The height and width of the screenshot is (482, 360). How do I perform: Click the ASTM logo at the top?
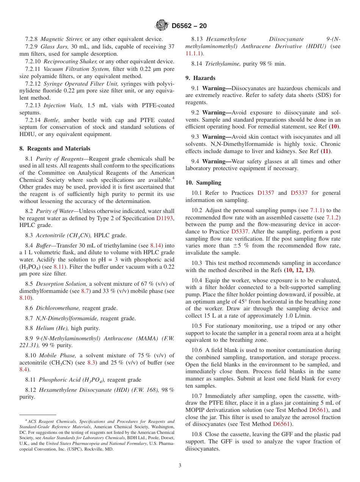click(x=162, y=26)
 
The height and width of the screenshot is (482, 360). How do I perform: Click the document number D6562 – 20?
click(x=189, y=26)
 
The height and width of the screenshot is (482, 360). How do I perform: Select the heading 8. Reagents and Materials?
click(x=55, y=149)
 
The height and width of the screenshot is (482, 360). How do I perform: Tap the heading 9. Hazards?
click(x=200, y=78)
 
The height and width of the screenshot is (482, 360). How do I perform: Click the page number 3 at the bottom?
click(x=180, y=465)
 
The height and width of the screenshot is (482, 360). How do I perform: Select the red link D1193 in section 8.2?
click(x=165, y=218)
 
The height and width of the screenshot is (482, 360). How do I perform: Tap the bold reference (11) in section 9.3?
click(x=325, y=151)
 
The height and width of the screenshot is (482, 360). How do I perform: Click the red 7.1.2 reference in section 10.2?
click(x=333, y=218)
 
